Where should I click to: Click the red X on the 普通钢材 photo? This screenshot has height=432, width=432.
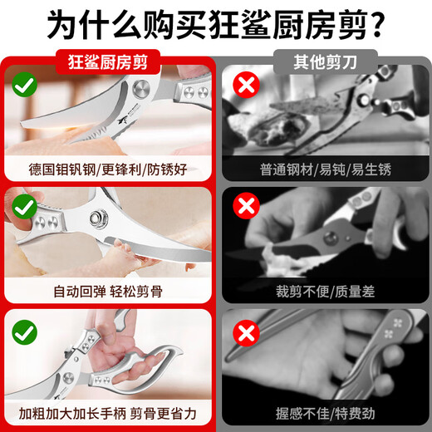pyautogui.click(x=244, y=84)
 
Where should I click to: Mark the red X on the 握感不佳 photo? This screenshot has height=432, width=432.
pyautogui.click(x=244, y=333)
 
